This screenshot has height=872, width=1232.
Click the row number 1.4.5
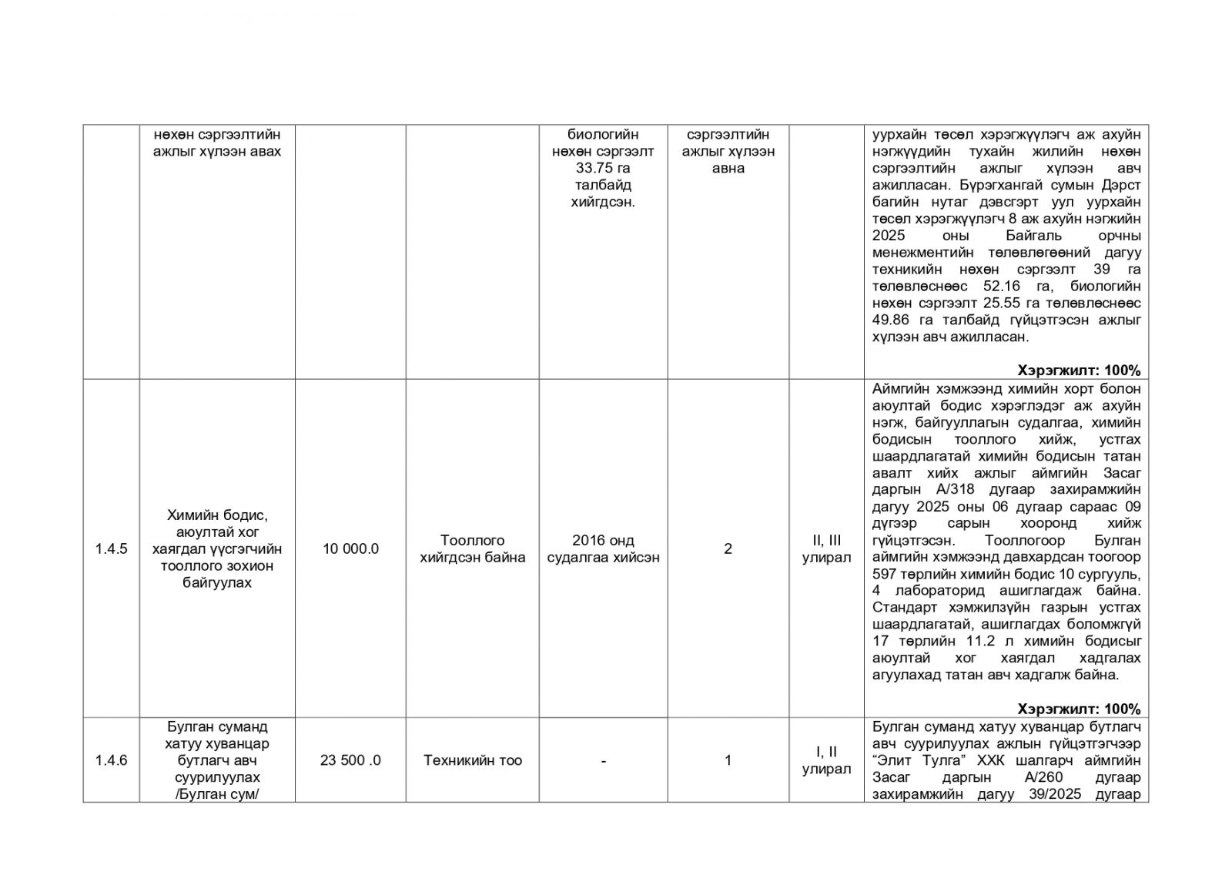(111, 549)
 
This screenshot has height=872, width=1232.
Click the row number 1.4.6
(111, 760)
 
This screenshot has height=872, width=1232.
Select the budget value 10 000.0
(350, 549)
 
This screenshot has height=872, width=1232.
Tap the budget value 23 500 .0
(350, 760)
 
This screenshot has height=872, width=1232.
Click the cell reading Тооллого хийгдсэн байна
(472, 549)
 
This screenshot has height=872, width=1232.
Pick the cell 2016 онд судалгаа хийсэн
(603, 549)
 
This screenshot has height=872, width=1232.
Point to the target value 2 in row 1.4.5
(728, 549)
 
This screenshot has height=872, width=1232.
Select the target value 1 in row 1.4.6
(728, 760)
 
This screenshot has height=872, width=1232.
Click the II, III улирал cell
(826, 549)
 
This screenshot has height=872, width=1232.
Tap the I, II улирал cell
(826, 760)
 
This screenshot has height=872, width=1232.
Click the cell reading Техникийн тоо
(472, 760)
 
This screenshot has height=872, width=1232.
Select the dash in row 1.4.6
(603, 760)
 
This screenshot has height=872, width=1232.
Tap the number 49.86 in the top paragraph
(892, 320)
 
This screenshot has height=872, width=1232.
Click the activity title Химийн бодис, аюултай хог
(217, 524)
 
